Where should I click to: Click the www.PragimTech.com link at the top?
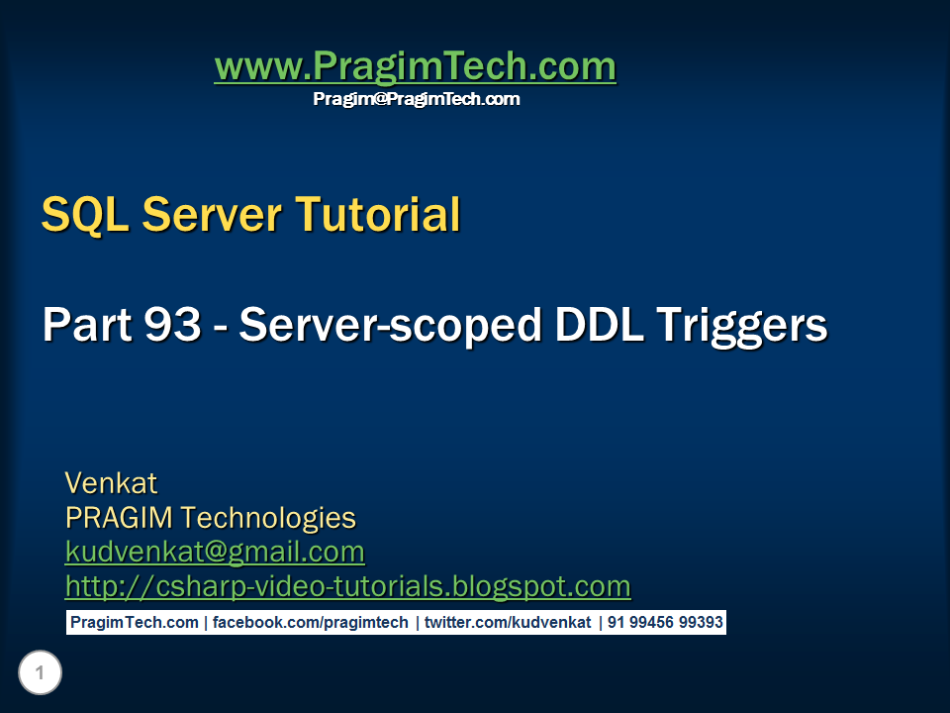(415, 67)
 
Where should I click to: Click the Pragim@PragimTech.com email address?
(416, 99)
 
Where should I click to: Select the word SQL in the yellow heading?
(84, 214)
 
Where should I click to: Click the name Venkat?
(111, 483)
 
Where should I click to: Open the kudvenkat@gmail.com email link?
(215, 552)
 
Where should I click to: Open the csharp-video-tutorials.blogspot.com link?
(347, 586)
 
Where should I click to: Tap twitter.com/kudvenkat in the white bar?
(508, 623)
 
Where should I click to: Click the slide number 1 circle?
(40, 674)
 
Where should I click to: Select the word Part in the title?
(82, 325)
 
